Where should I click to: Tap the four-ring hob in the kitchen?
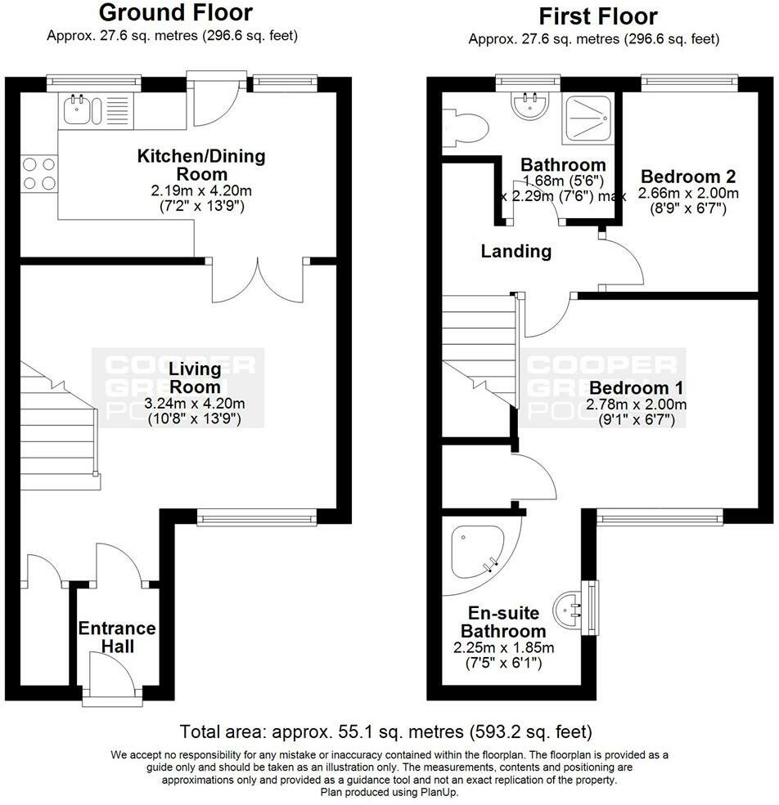click(x=39, y=173)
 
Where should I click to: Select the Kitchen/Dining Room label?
click(x=201, y=165)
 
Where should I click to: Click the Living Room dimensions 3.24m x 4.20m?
click(x=195, y=403)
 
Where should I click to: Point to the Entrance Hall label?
click(x=117, y=637)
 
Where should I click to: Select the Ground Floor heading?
click(x=176, y=12)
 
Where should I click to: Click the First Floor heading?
click(x=598, y=16)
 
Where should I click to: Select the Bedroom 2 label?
click(x=688, y=177)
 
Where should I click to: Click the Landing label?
click(x=516, y=251)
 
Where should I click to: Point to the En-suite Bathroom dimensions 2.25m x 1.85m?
click(x=503, y=647)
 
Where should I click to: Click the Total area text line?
click(x=385, y=731)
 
